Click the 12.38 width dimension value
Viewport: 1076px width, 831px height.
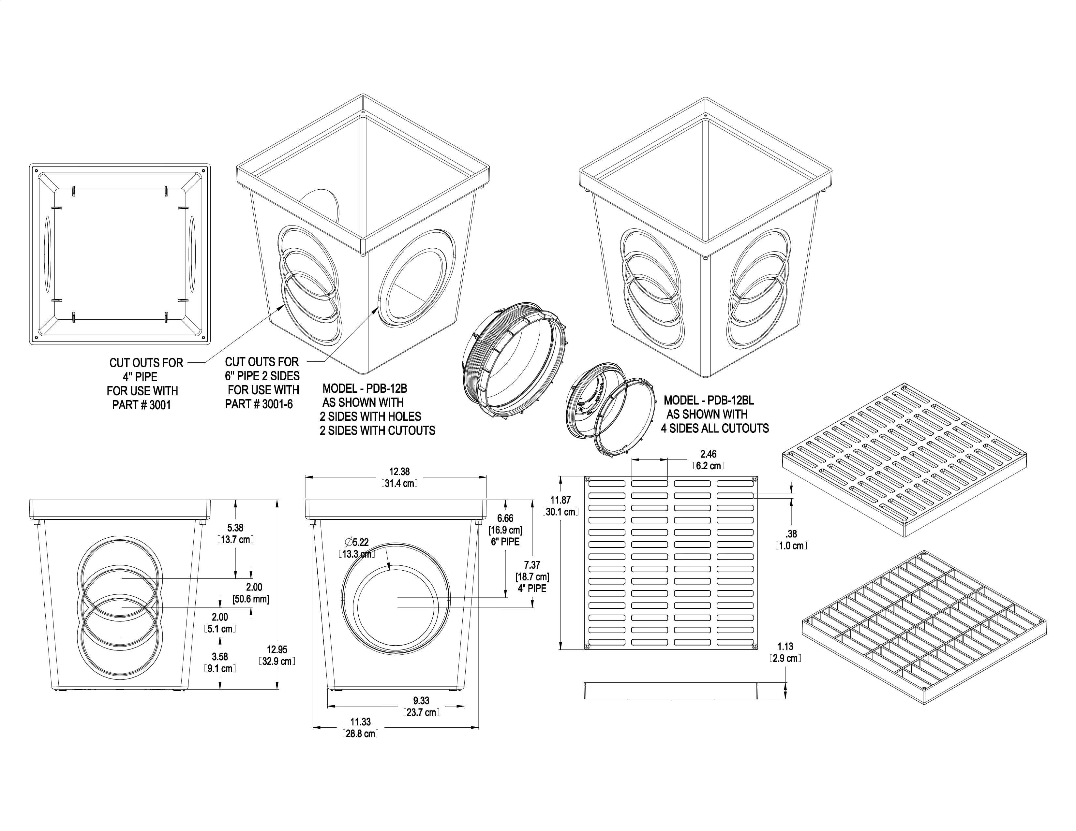399,472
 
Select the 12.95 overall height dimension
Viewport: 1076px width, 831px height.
277,649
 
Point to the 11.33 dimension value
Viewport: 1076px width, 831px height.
361,722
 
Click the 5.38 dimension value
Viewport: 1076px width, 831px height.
235,528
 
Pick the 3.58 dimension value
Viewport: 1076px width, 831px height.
220,657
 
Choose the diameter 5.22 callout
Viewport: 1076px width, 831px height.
357,542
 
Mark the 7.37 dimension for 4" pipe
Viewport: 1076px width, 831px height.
532,565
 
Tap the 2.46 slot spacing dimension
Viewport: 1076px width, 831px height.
709,454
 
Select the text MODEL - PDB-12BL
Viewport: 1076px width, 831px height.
709,400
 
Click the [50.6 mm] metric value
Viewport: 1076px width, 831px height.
251,599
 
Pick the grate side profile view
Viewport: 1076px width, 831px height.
671,691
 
